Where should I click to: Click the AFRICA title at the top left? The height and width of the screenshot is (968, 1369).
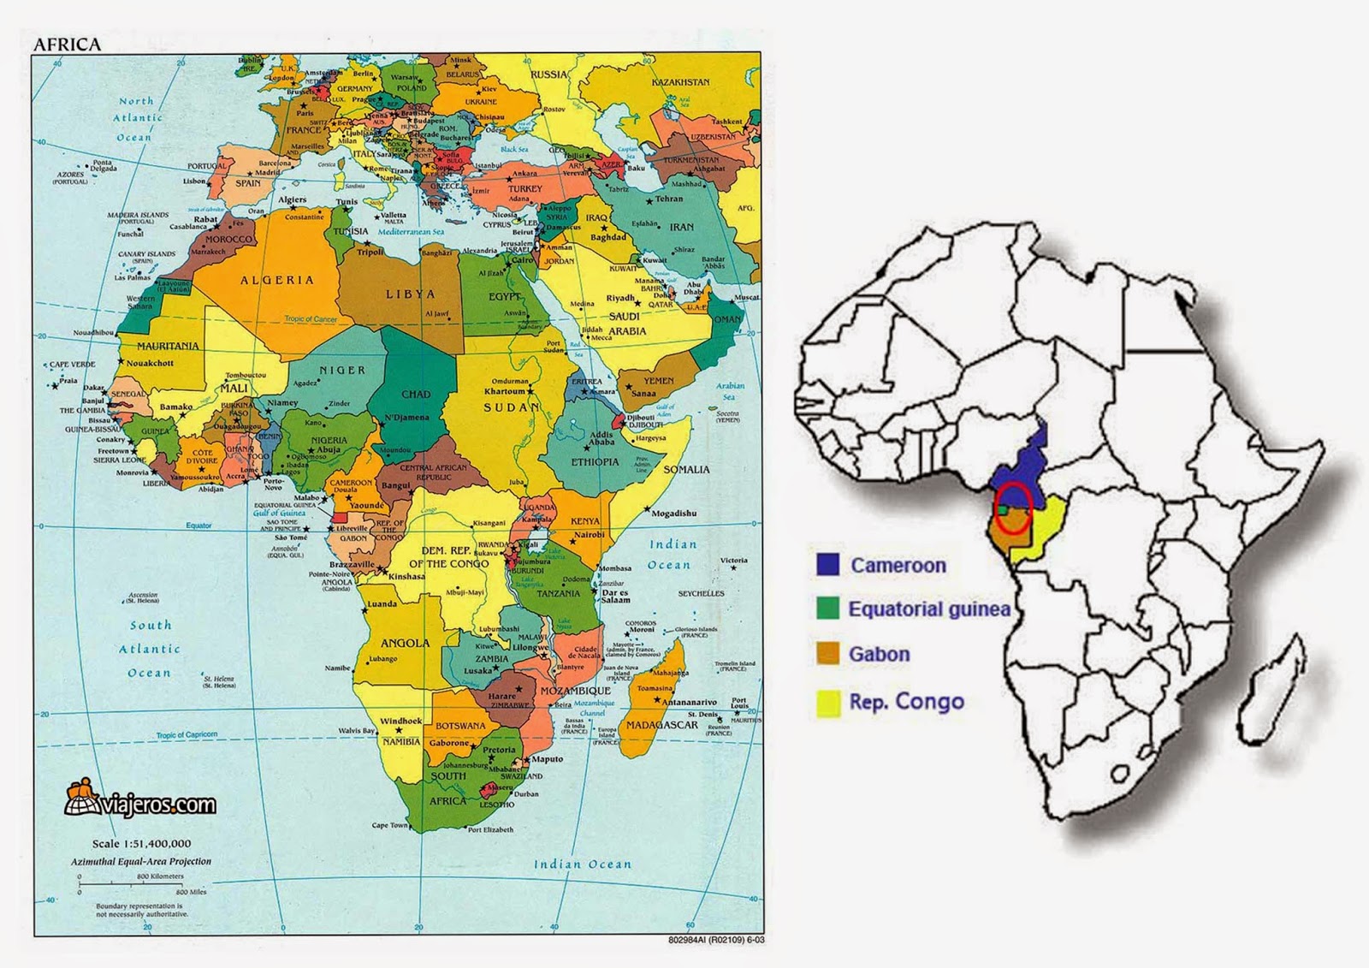[x=66, y=45]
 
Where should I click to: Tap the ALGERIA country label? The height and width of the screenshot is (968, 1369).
[x=276, y=280]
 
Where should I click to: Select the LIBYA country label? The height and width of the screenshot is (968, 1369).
[x=410, y=294]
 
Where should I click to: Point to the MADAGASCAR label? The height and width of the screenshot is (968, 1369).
[x=662, y=725]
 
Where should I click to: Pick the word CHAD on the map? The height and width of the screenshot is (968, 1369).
[x=416, y=395]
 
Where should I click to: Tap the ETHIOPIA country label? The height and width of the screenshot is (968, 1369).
[x=595, y=462]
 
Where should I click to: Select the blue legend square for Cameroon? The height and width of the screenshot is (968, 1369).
[x=827, y=564]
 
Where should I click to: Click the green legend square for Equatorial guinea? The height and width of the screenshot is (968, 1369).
[x=827, y=609]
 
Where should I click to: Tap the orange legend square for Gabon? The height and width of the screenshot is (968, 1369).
[x=827, y=654]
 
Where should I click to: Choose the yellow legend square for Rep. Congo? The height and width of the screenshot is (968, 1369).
[x=827, y=702]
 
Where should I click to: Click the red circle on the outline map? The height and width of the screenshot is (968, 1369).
[x=1013, y=508]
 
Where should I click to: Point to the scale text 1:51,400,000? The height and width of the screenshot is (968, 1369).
[x=141, y=843]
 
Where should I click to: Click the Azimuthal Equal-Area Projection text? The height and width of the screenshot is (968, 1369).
[x=140, y=861]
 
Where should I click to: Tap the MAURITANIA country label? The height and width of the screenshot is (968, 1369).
[x=168, y=346]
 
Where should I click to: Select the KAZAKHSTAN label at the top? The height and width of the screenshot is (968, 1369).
[x=680, y=82]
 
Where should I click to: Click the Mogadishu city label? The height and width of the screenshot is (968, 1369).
[x=673, y=514]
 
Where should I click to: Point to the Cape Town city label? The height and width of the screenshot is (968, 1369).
[x=389, y=825]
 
